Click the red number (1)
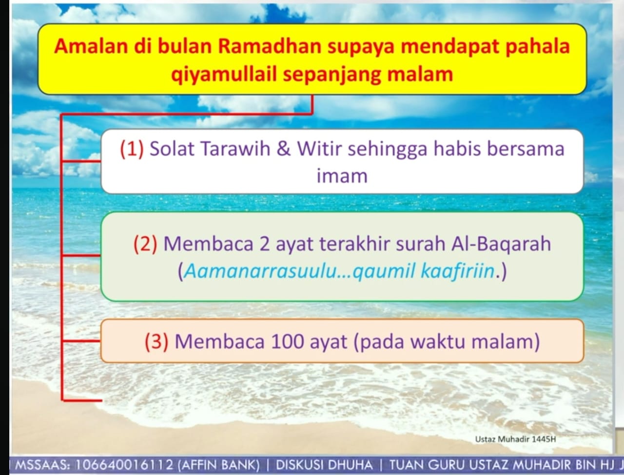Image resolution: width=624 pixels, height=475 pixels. [132, 149]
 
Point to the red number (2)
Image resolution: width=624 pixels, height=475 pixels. [145, 244]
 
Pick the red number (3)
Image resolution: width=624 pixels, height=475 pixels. [156, 341]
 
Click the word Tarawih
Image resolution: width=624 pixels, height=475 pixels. [235, 148]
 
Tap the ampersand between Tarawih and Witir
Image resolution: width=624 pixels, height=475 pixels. [284, 148]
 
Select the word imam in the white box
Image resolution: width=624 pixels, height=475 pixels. [342, 176]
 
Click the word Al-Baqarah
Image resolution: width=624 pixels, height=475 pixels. [501, 244]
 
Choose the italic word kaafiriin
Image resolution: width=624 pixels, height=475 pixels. [457, 271]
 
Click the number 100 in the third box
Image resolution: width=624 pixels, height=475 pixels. [287, 341]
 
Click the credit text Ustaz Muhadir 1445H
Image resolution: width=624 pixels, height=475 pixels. [515, 439]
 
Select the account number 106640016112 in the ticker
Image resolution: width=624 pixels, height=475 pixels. [124, 465]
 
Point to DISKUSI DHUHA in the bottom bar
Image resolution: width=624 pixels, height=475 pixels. [324, 465]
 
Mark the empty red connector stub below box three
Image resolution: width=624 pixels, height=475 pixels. [81, 400]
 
